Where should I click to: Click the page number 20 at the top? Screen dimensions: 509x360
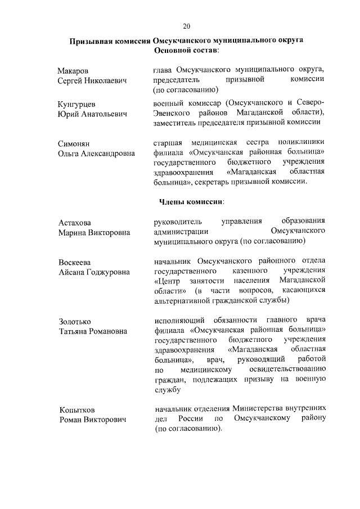coord(187,25)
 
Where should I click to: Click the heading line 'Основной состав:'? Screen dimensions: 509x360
coord(187,50)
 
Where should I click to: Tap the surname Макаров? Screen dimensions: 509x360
coord(73,70)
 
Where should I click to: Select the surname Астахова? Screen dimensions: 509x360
coord(75,222)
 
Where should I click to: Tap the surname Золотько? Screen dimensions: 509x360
coord(75,321)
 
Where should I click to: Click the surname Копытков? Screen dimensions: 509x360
coord(76,409)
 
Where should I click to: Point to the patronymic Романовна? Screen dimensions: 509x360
coord(107,331)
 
